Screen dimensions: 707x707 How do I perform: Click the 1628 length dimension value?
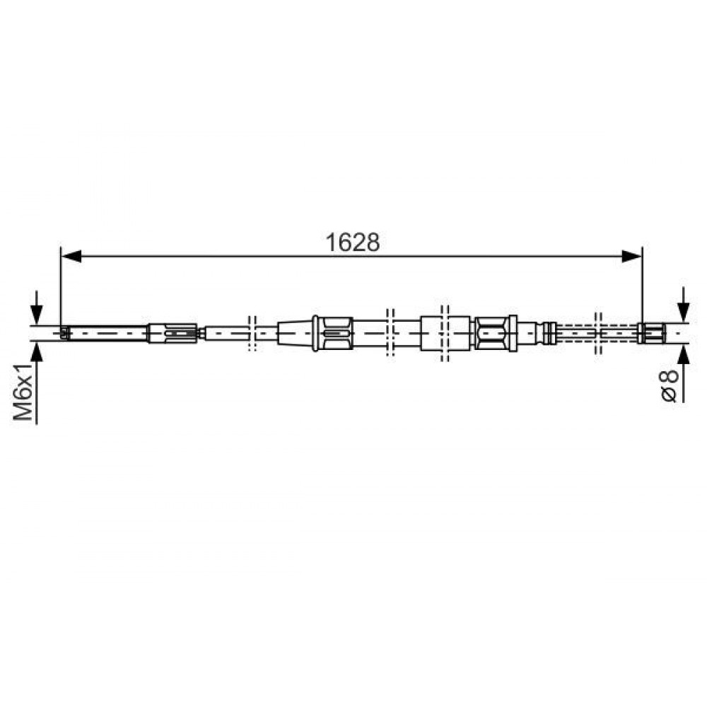353,243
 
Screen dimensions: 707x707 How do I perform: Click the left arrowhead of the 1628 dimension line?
71,257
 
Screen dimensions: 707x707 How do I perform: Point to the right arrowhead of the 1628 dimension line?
631,257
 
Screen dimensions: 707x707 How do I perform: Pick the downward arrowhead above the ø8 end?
684,311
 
